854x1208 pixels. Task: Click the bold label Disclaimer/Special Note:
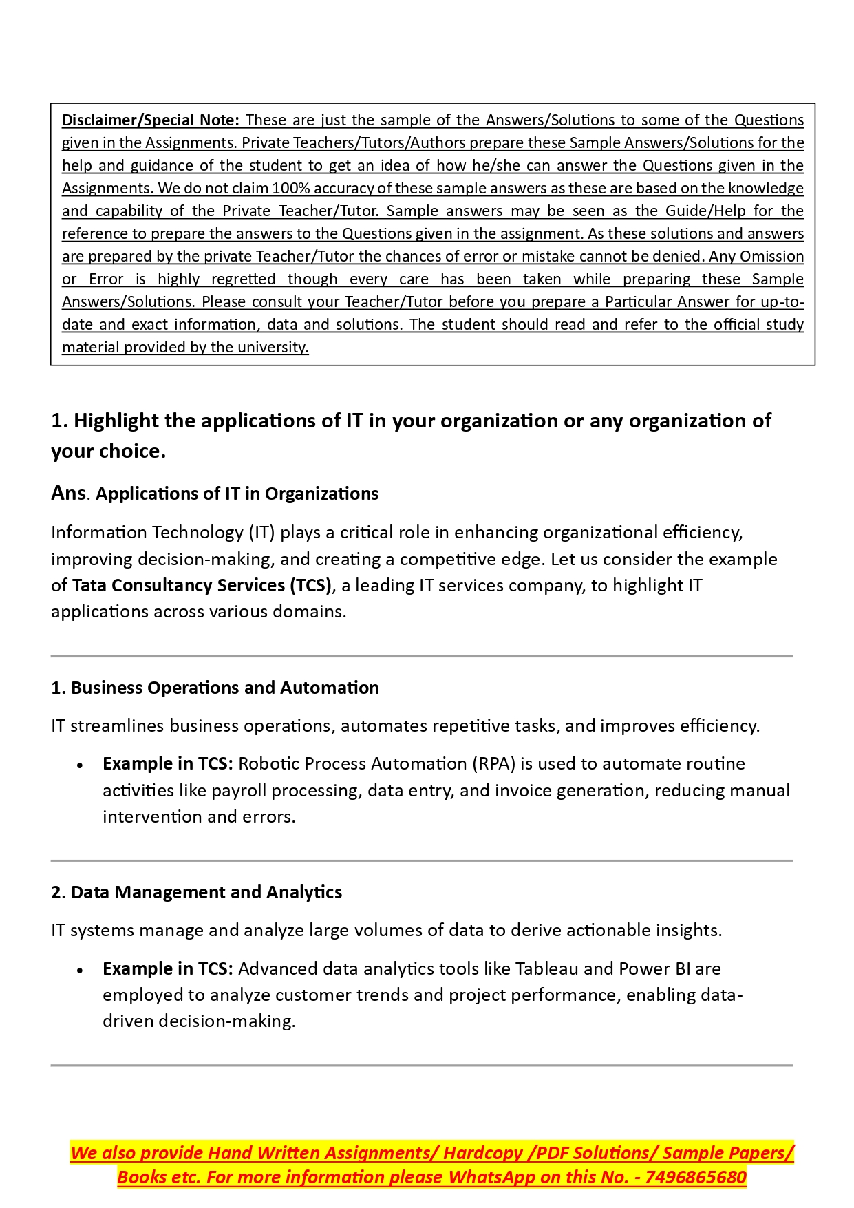pyautogui.click(x=150, y=120)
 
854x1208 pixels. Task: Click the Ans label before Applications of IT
pyautogui.click(x=68, y=494)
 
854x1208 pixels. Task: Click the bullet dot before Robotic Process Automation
pyautogui.click(x=81, y=765)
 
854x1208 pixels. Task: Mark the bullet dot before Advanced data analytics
pyautogui.click(x=81, y=971)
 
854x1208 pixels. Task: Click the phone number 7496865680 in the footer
pyautogui.click(x=696, y=1178)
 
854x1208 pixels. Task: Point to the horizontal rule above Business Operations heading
pyautogui.click(x=421, y=657)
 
